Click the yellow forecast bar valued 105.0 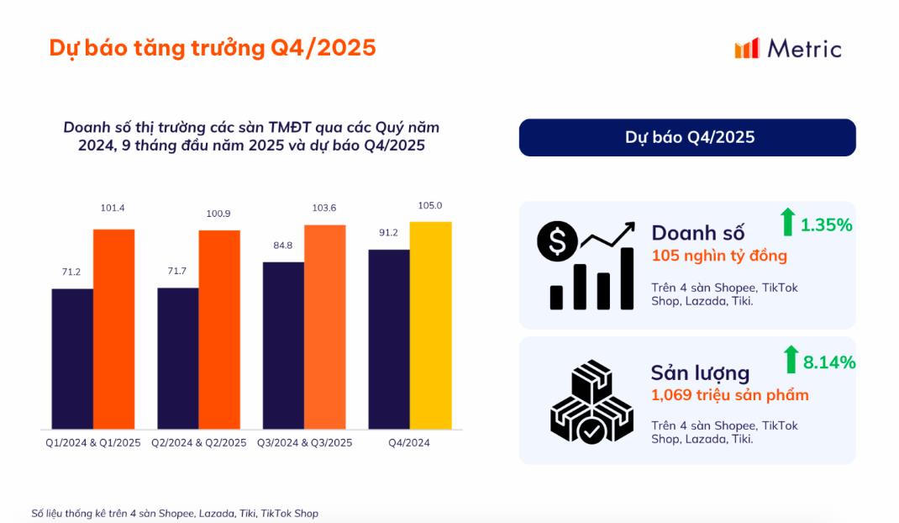click(430, 325)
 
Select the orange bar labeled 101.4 click(113, 329)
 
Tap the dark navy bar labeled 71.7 click(178, 358)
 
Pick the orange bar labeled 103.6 click(325, 327)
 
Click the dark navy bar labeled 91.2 click(389, 339)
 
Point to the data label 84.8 click(283, 246)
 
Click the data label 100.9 click(218, 214)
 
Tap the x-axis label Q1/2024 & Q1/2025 click(93, 443)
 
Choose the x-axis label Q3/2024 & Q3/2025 click(304, 443)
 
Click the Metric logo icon click(747, 48)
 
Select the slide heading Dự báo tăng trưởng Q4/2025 click(213, 48)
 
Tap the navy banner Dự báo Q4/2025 click(687, 137)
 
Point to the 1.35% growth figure click(826, 225)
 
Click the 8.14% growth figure click(829, 362)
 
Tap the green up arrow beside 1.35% click(787, 222)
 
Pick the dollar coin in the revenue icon click(557, 242)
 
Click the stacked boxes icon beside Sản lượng click(591, 402)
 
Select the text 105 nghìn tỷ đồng click(719, 256)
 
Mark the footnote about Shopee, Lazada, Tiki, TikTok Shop click(175, 513)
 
